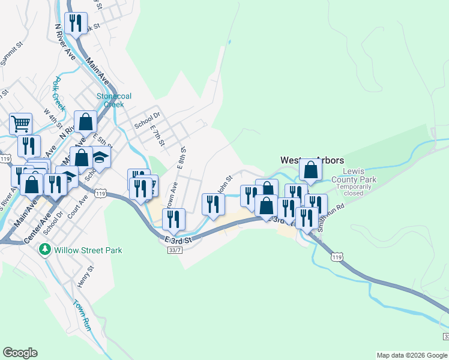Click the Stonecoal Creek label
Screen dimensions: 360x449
114,100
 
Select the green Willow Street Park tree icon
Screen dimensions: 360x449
44,250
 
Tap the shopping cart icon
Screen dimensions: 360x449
20,124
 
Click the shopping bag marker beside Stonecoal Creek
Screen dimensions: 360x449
86,121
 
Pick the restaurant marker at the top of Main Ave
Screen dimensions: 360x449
76,23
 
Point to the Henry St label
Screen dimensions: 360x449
85,277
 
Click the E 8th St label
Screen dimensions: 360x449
182,159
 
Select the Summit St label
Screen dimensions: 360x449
11,53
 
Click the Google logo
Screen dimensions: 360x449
20,353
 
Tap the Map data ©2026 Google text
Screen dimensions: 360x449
411,355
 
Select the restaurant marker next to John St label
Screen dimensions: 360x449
213,204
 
